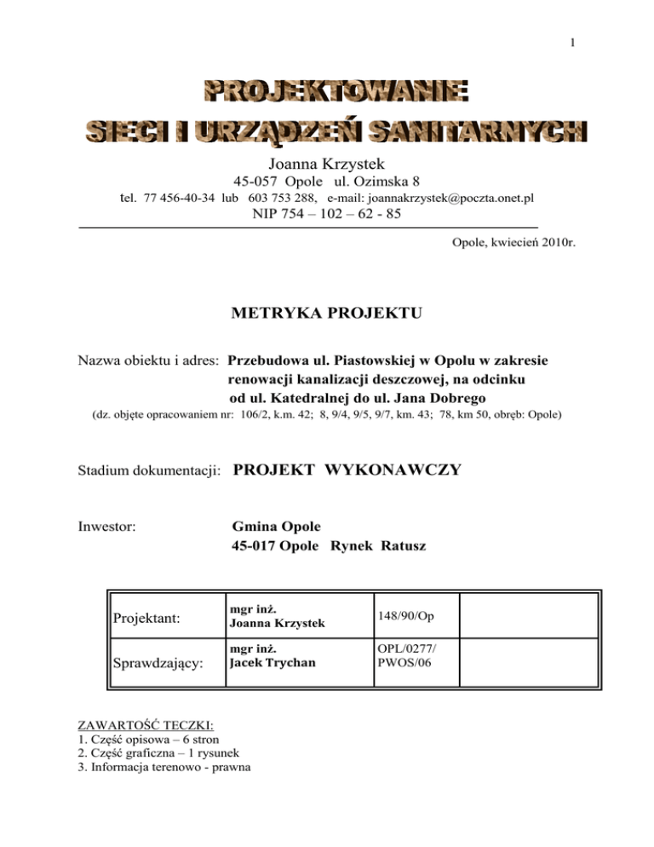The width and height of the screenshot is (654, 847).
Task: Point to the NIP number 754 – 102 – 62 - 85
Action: [x=327, y=215]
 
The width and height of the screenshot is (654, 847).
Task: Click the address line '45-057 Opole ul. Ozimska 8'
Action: [x=326, y=180]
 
